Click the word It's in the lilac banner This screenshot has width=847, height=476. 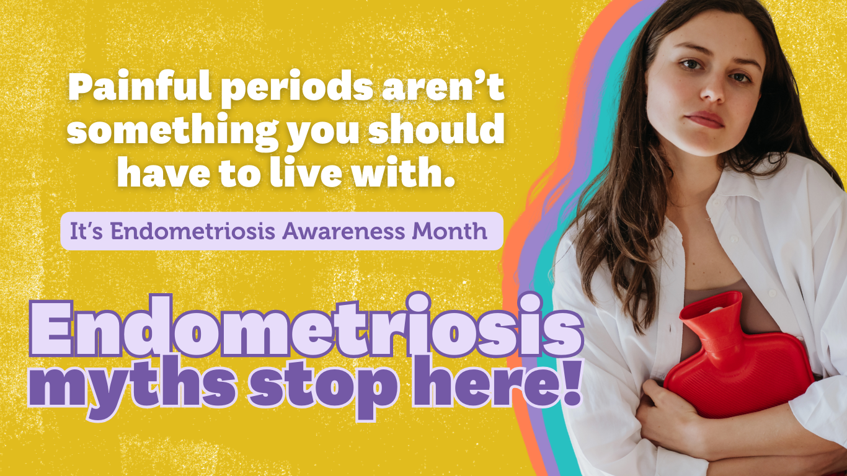[x=87, y=231]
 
